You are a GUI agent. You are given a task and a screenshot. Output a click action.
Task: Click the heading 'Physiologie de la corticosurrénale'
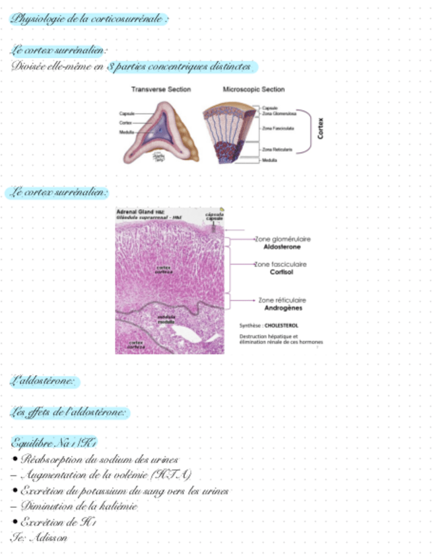(90, 18)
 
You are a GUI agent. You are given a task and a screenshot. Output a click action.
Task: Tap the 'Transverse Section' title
(161, 89)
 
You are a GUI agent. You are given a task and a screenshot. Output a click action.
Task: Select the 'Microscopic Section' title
(253, 89)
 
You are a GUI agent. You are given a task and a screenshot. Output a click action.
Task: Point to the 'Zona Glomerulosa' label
(278, 114)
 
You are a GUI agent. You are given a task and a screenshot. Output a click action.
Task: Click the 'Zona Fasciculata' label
(278, 128)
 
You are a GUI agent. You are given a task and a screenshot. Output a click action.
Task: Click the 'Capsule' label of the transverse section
(127, 114)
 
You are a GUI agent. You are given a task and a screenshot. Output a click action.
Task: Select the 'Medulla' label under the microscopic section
(269, 160)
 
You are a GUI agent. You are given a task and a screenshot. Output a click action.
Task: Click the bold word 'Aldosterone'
(282, 246)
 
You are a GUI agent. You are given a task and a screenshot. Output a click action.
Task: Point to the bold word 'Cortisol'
(281, 271)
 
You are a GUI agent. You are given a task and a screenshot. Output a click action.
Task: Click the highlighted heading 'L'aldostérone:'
(46, 381)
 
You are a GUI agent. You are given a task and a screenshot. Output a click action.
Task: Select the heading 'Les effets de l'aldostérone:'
(69, 412)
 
